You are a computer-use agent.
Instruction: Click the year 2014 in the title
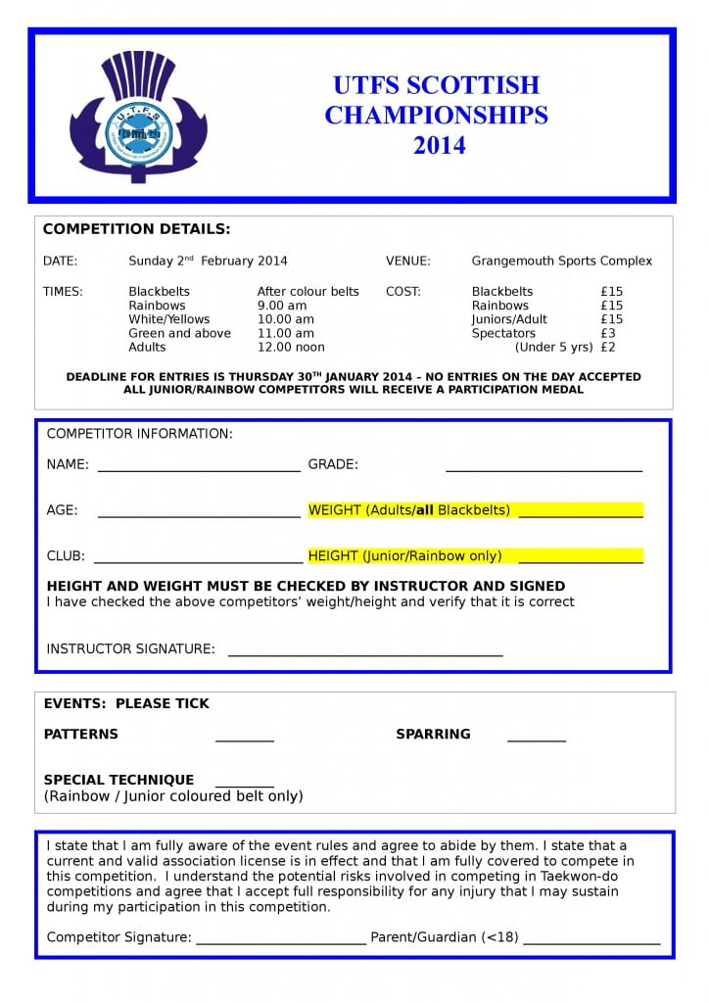tap(439, 146)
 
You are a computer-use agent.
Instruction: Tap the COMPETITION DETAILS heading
tap(136, 229)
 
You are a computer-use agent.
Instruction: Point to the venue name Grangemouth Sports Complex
tap(561, 262)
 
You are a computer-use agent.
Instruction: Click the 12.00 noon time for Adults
tap(291, 347)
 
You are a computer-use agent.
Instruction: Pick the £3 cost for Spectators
tap(608, 333)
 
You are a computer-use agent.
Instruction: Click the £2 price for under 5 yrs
tap(608, 347)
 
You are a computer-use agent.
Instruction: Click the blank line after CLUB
tap(198, 560)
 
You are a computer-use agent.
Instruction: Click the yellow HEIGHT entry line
tap(580, 559)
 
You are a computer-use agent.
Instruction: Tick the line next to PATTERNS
tap(244, 739)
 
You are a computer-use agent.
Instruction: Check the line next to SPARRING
tap(536, 739)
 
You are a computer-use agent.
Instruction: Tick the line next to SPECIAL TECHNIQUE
tap(244, 784)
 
